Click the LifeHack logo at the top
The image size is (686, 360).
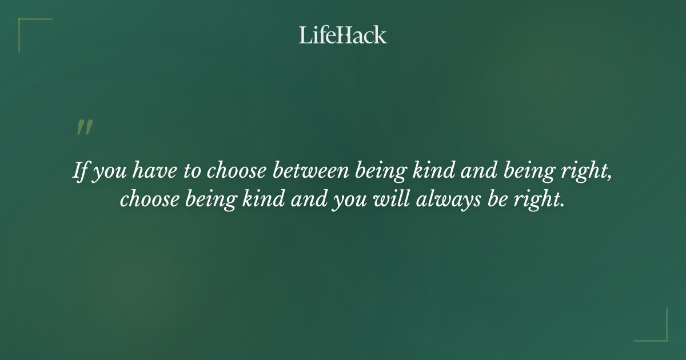pyautogui.click(x=343, y=35)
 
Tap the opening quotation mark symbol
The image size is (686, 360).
pyautogui.click(x=84, y=127)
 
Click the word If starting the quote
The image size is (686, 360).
pyautogui.click(x=81, y=171)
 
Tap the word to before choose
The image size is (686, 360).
pyautogui.click(x=192, y=171)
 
